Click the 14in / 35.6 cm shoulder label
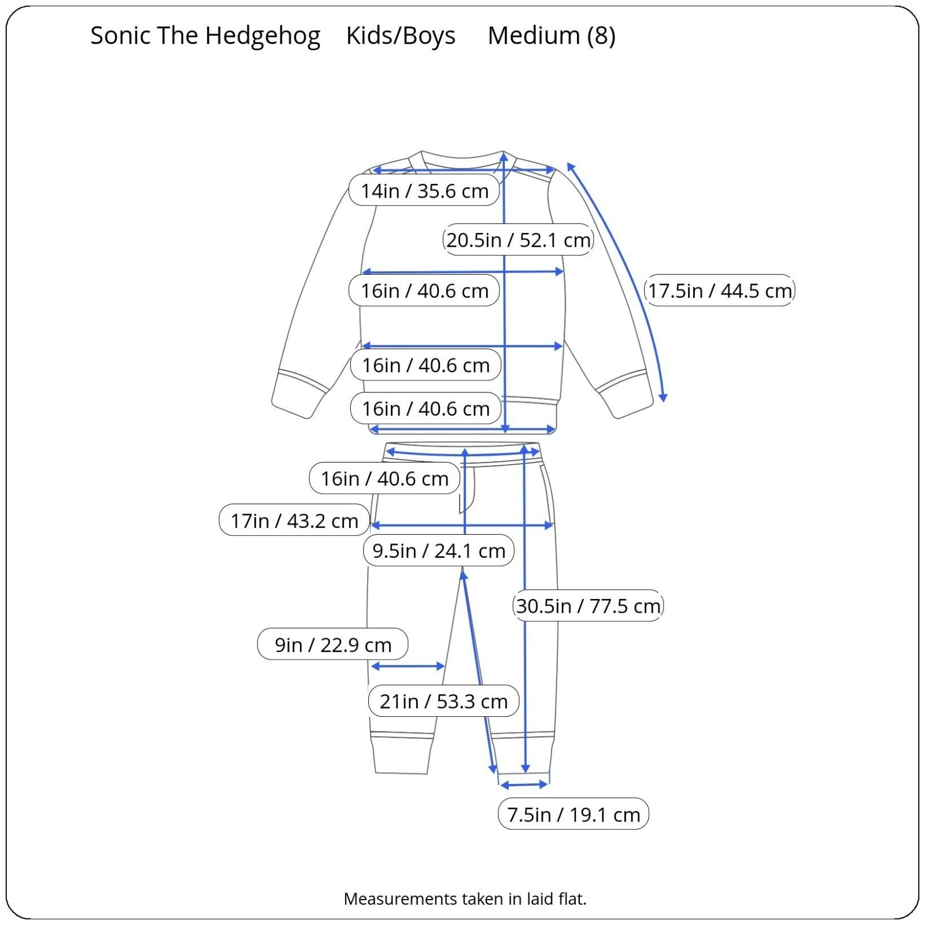pyautogui.click(x=424, y=190)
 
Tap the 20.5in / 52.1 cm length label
pyautogui.click(x=518, y=239)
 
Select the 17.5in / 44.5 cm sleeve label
pyautogui.click(x=719, y=290)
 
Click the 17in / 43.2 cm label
pyautogui.click(x=294, y=520)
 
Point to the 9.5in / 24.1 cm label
pyautogui.click(x=439, y=550)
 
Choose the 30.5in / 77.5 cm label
pyautogui.click(x=588, y=606)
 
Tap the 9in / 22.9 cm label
pyautogui.click(x=333, y=644)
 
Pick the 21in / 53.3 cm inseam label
pyautogui.click(x=443, y=701)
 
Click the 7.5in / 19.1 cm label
pyautogui.click(x=573, y=814)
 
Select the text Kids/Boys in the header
pyautogui.click(x=401, y=36)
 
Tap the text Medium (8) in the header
pyautogui.click(x=552, y=36)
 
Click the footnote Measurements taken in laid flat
pyautogui.click(x=465, y=898)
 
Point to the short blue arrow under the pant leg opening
pyautogui.click(x=524, y=785)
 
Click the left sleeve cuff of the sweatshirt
pyautogui.click(x=298, y=394)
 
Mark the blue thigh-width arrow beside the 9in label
pyautogui.click(x=408, y=667)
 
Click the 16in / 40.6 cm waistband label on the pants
pyautogui.click(x=384, y=478)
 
